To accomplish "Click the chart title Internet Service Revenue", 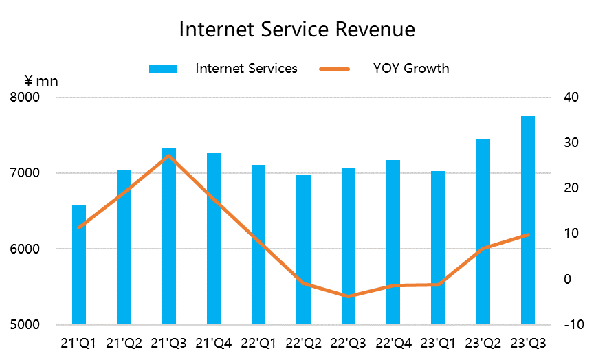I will click(297, 30).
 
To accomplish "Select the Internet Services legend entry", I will click(246, 68).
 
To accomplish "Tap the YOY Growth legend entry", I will click(411, 68).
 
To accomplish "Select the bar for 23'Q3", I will click(528, 220).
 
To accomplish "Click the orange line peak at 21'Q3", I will click(169, 156).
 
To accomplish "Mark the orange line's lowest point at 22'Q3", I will click(349, 296).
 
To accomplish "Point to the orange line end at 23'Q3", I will click(528, 234).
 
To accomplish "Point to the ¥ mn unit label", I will click(42, 81).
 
